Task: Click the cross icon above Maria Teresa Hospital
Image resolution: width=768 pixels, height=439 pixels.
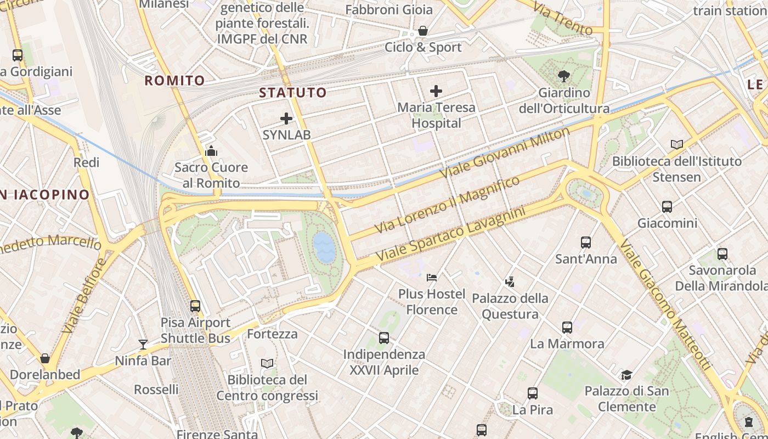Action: [436, 91]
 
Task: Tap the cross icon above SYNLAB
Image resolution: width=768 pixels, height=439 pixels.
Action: [286, 118]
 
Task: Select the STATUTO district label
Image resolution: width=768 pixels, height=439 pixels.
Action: [293, 92]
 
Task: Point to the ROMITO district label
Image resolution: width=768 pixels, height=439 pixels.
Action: [174, 81]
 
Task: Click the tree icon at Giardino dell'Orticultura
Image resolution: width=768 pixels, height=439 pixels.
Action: [563, 76]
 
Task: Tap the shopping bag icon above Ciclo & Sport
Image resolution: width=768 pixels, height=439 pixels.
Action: [423, 31]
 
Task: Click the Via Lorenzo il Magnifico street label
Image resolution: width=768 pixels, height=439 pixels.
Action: [447, 204]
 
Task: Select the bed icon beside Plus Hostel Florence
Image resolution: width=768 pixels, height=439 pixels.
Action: [432, 277]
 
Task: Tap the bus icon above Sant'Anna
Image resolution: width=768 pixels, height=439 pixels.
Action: [586, 242]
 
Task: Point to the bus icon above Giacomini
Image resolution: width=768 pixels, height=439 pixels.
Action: [667, 207]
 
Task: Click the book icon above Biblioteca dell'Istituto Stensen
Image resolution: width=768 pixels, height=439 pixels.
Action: [677, 144]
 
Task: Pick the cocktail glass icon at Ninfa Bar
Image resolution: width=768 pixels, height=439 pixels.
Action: [143, 344]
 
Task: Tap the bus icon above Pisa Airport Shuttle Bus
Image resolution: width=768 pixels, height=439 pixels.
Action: [195, 306]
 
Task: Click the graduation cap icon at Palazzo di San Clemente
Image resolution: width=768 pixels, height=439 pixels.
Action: [626, 375]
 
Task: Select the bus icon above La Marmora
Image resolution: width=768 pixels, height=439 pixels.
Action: [567, 328]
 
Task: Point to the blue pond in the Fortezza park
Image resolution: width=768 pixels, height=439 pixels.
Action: [324, 246]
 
